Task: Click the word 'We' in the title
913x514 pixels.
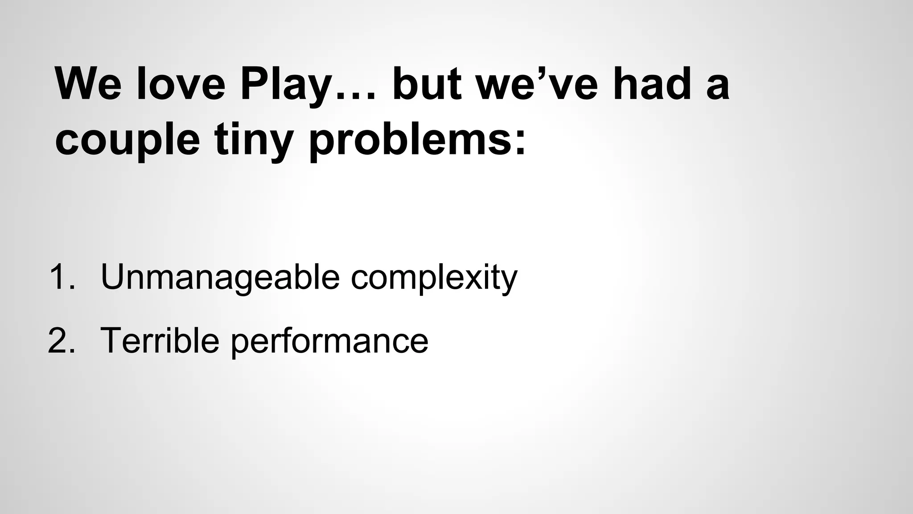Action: click(88, 84)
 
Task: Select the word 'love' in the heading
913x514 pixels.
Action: click(181, 84)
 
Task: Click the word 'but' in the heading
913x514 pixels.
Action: click(426, 84)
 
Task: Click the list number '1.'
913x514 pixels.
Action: click(62, 277)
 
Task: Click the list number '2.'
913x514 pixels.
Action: click(61, 340)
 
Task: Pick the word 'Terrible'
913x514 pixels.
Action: click(160, 340)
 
